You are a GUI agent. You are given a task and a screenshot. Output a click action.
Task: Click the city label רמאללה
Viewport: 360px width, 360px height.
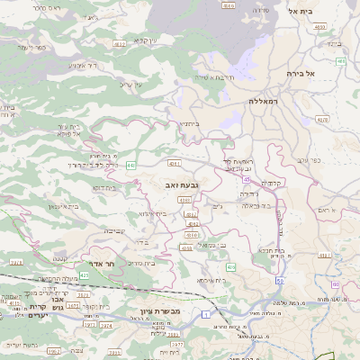[x=267, y=103]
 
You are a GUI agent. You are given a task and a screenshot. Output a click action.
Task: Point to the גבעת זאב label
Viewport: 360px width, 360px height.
[x=182, y=184]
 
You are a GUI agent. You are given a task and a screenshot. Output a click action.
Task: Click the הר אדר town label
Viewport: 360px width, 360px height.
[x=104, y=265]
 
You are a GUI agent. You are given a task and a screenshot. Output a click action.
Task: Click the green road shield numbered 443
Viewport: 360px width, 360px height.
[x=131, y=166]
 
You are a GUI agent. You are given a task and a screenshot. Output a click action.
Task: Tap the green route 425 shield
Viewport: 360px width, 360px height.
[x=85, y=275]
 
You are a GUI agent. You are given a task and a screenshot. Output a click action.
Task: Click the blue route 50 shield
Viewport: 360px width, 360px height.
[x=281, y=283]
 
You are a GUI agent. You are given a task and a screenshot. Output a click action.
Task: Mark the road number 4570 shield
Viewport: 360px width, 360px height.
[x=322, y=118]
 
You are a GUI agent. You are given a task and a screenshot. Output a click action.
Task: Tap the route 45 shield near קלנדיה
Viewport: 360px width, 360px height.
[x=245, y=179]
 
